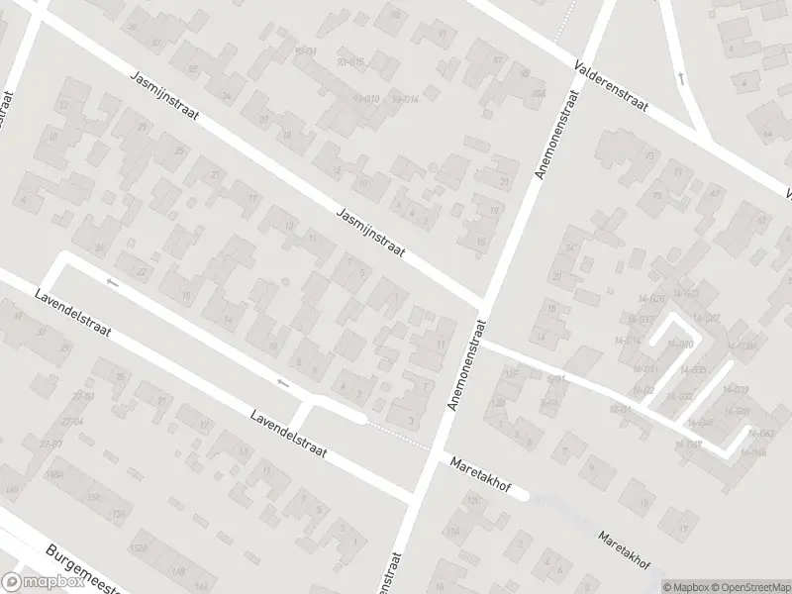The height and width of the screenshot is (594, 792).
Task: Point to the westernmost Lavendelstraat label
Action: pyautogui.click(x=71, y=316)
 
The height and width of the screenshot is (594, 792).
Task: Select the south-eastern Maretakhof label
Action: pyautogui.click(x=623, y=550)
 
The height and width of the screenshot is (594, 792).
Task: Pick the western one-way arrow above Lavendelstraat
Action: pyautogui.click(x=112, y=284)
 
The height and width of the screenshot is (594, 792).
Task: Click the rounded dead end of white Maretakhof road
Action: pyautogui.click(x=522, y=494)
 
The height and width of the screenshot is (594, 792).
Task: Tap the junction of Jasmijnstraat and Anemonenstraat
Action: pyautogui.click(x=483, y=301)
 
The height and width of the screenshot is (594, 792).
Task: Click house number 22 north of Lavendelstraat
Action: pyautogui.click(x=142, y=271)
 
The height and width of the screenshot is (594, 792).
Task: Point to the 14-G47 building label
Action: pyautogui.click(x=688, y=445)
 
